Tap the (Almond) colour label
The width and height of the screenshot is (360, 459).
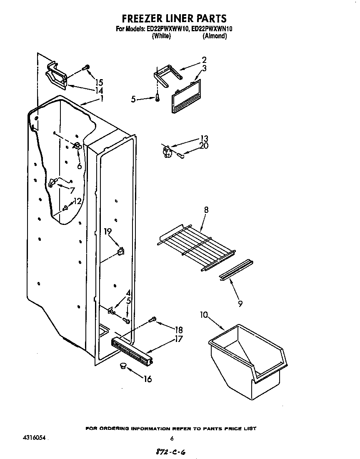[x=215, y=36]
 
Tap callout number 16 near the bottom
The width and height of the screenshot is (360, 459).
[x=147, y=379]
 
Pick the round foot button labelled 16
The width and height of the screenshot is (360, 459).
[x=123, y=366]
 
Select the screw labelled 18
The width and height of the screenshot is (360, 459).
[x=152, y=320]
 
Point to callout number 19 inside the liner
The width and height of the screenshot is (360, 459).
[x=107, y=232]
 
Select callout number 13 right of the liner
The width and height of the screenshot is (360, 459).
[x=204, y=138]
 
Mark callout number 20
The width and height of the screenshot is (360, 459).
[x=204, y=146]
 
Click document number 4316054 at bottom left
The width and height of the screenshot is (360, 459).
[x=33, y=439]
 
